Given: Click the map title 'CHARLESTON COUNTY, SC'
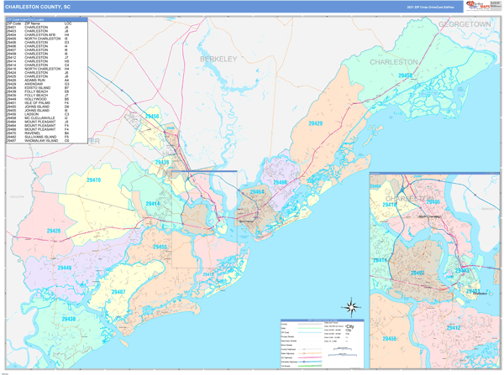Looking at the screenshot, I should [x=41, y=6].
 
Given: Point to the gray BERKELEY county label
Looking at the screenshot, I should [x=219, y=59].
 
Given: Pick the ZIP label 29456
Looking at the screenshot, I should [x=151, y=117].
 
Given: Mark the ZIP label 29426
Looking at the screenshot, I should [x=53, y=230].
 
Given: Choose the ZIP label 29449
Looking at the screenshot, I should [x=65, y=268].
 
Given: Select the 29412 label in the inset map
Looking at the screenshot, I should [x=454, y=327].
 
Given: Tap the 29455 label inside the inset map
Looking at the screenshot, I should [x=389, y=338].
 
